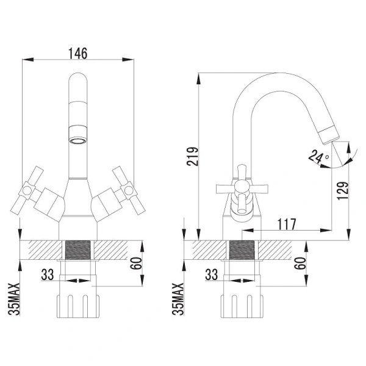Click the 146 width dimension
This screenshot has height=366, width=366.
pos(78,53)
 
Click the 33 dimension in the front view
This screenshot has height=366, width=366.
pos(48,274)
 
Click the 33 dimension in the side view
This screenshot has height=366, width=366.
pos(212,274)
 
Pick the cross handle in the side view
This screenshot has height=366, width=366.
pos(239,186)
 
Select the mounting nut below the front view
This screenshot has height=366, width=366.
pos(78,303)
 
